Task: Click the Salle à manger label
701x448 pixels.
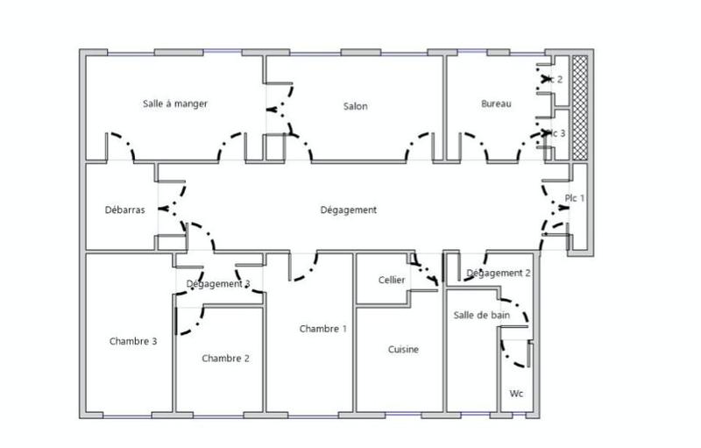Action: (x=175, y=103)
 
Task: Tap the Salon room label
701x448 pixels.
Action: (x=355, y=106)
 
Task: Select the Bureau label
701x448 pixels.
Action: (x=496, y=103)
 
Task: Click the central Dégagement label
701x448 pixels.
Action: (x=348, y=210)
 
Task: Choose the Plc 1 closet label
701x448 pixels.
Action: (x=575, y=197)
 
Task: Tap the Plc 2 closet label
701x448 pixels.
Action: (x=555, y=80)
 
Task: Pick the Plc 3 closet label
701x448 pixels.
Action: (x=556, y=133)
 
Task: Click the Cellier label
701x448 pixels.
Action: (x=391, y=280)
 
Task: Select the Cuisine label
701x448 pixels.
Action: (x=403, y=349)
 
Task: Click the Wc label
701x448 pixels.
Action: (x=517, y=394)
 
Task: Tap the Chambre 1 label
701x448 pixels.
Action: (x=322, y=329)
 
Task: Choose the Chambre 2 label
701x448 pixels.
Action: (x=225, y=358)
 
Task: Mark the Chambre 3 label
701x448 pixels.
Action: (x=133, y=341)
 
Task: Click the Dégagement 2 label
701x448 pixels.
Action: (x=498, y=273)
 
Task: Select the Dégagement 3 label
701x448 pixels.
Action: (x=218, y=283)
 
